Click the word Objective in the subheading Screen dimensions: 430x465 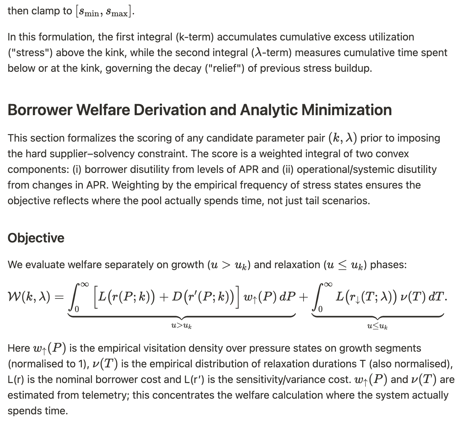(36, 238)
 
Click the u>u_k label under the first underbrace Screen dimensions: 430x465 (181, 325)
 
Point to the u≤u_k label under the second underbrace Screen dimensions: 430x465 (377, 325)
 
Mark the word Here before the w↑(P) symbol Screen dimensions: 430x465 (19, 348)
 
